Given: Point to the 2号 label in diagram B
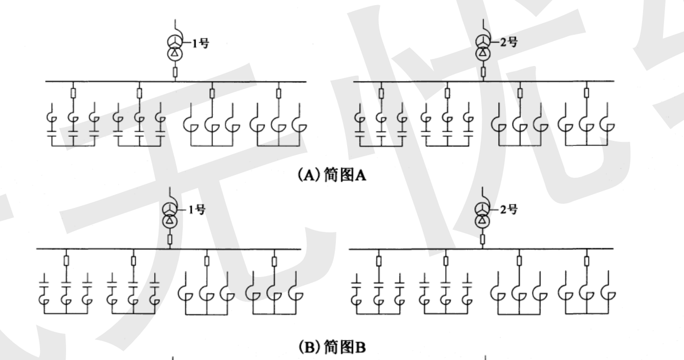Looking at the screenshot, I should (x=508, y=210).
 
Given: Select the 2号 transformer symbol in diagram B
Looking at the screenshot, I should (x=483, y=215).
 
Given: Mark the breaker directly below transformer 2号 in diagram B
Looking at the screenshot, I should (x=483, y=239).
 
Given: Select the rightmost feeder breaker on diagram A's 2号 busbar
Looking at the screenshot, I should (x=587, y=93).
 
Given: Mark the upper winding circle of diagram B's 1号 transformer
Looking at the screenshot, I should (x=168, y=208).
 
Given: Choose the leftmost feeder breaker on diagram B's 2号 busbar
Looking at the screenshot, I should (x=379, y=261).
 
